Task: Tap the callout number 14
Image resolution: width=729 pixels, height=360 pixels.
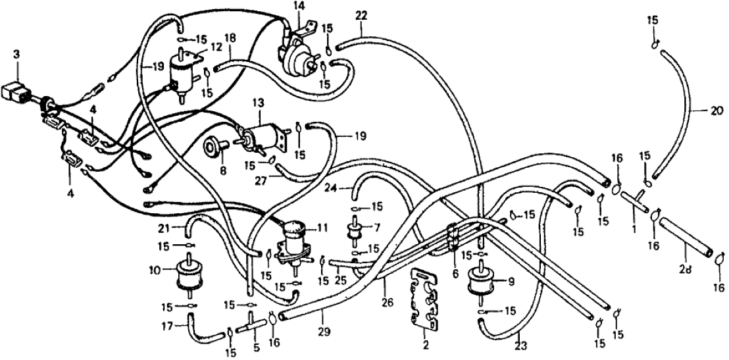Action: pyautogui.click(x=299, y=6)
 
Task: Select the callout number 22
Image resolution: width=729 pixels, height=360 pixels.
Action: pyautogui.click(x=362, y=14)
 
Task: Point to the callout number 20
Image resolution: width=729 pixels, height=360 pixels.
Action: pyautogui.click(x=715, y=111)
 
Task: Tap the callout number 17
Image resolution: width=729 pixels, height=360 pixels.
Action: pyautogui.click(x=166, y=324)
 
